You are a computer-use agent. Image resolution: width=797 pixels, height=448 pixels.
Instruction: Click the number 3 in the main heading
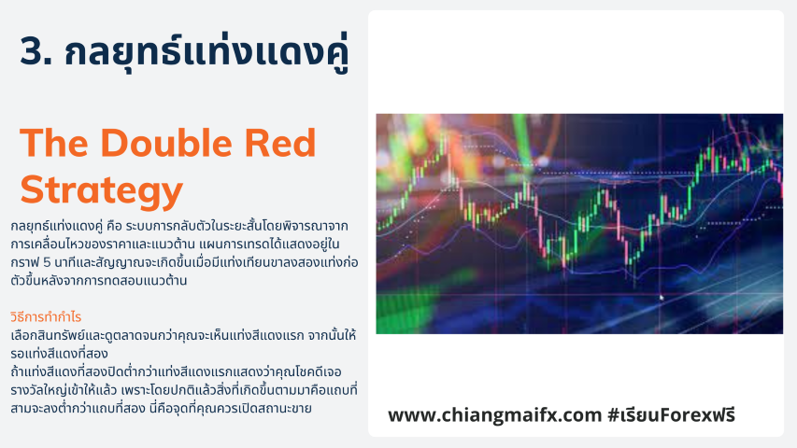point(32,51)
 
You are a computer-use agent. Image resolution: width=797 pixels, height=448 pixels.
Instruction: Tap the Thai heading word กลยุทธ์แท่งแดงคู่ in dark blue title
point(206,52)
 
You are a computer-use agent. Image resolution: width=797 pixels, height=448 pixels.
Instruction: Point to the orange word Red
point(280,143)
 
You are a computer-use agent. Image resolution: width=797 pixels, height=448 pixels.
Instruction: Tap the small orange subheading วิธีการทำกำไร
point(46,317)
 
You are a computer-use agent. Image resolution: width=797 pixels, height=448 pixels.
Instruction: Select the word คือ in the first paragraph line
point(114,226)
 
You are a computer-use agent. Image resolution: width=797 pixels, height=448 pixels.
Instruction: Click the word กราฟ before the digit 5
point(23,262)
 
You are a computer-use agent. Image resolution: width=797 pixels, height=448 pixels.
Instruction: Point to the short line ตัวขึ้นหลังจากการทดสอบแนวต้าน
point(99,280)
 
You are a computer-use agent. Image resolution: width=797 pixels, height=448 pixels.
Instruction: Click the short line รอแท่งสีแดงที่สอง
point(59,354)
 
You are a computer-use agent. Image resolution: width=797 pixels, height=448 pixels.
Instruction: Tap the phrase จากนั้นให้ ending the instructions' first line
point(332,335)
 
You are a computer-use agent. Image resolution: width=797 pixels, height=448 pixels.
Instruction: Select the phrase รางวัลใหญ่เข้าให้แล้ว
point(64,390)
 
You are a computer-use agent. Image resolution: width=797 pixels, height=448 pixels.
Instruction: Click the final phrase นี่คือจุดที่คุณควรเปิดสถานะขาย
point(230,408)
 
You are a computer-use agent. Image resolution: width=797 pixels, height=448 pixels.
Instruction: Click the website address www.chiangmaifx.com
point(495,415)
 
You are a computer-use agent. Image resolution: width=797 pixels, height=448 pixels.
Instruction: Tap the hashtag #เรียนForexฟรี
point(672,415)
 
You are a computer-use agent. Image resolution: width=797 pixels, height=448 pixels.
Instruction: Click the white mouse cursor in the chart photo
point(662,298)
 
